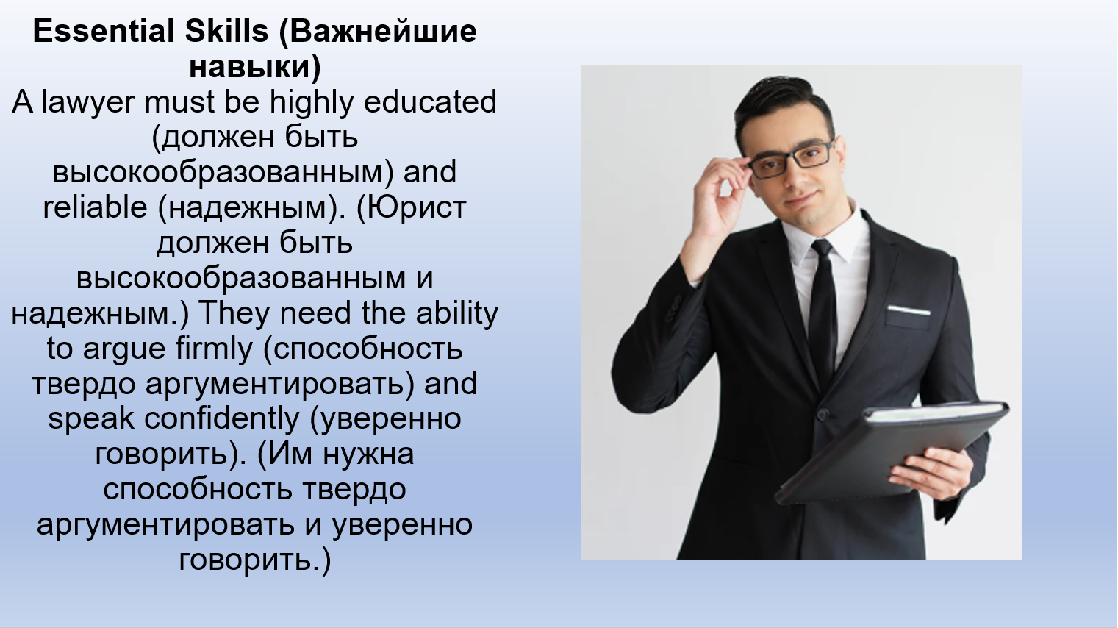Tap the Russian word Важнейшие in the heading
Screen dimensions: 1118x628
point(378,32)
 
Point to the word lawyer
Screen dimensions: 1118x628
point(88,103)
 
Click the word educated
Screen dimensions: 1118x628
point(430,101)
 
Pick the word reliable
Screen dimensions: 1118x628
point(95,207)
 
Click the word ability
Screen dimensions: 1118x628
point(457,314)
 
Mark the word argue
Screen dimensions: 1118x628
point(124,349)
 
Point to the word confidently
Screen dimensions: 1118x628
point(221,418)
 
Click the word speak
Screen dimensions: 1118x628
point(91,418)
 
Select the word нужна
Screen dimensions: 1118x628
point(368,454)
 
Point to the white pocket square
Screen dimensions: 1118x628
point(909,310)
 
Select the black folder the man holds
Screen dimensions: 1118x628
point(891,449)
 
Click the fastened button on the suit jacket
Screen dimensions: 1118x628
point(823,414)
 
